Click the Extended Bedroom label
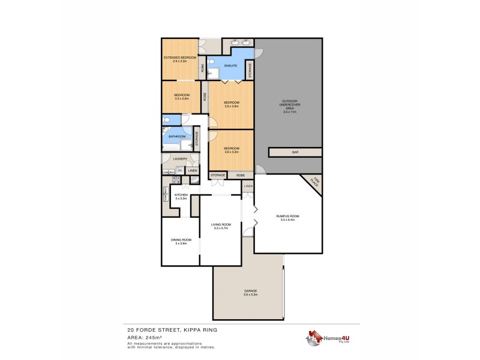pos(180,58)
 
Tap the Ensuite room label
pos(230,65)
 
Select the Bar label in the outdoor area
pos(295,152)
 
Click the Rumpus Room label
pos(287,216)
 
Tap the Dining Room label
pos(181,239)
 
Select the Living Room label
pos(221,224)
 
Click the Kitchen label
pos(181,195)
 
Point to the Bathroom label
pos(176,136)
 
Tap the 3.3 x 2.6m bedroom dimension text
pos(182,98)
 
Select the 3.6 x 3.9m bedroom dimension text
pos(232,106)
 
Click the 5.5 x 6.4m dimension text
pos(287,220)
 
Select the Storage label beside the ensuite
pos(249,70)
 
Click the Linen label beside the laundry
pos(193,171)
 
